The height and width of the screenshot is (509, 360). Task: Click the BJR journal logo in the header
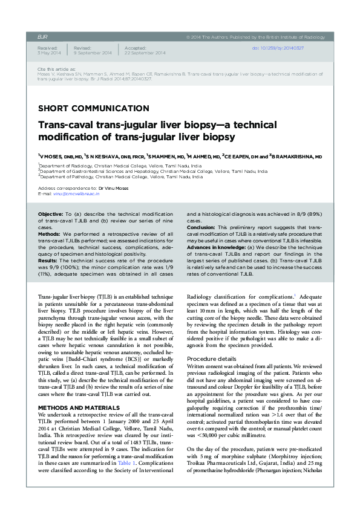tap(42, 36)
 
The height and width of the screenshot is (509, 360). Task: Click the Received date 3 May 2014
tap(48, 52)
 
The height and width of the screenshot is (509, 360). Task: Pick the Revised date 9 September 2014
tap(94, 52)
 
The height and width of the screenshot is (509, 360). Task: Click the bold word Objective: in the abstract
tap(51, 215)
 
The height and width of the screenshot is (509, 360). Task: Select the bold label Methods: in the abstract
tap(50, 233)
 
